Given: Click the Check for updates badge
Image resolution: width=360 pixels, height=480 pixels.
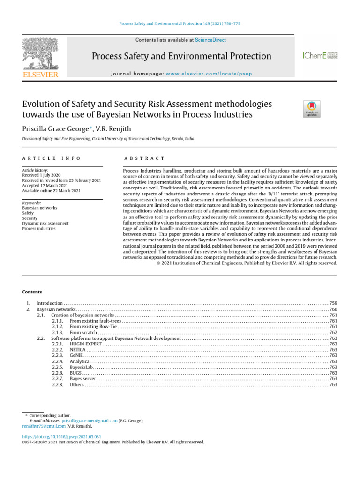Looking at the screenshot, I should point(312,108).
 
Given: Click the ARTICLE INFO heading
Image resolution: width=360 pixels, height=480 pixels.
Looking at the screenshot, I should point(52,159).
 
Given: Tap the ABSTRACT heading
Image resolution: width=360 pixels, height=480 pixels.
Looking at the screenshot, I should point(144,159).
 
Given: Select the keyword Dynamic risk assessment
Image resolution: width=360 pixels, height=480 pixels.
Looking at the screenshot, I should point(45,224).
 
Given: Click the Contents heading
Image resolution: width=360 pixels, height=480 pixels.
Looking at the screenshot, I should point(32,292).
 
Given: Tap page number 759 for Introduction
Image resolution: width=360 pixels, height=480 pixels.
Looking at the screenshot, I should point(333,304).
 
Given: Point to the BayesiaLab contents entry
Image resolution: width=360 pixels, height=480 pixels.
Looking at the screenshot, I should point(82,367).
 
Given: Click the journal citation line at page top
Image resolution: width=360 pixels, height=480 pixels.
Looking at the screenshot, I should point(180,23).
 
